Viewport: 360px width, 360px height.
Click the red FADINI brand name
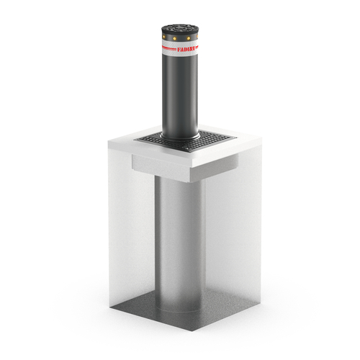click(186, 50)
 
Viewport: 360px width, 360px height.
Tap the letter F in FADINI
click(179, 50)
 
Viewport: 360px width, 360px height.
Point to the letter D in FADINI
click(185, 50)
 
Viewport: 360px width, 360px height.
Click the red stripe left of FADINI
click(169, 49)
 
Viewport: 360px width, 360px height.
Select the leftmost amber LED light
click(164, 37)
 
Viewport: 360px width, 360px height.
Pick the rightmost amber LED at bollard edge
click(197, 37)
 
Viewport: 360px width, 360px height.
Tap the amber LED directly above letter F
click(174, 38)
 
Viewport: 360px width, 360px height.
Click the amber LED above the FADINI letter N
click(189, 38)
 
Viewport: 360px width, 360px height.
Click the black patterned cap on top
click(180, 29)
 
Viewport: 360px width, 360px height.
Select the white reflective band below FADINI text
click(180, 54)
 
